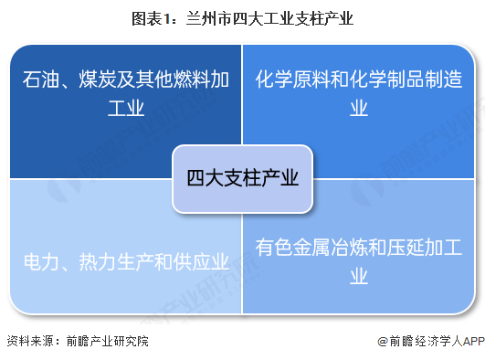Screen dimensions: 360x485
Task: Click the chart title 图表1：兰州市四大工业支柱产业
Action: pyautogui.click(x=241, y=17)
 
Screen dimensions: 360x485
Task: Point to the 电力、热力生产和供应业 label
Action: pyautogui.click(x=125, y=263)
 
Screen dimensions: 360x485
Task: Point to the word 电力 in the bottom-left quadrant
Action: pyautogui.click(x=38, y=263)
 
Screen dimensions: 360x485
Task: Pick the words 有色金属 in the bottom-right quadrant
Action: pyautogui.click(x=292, y=247)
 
